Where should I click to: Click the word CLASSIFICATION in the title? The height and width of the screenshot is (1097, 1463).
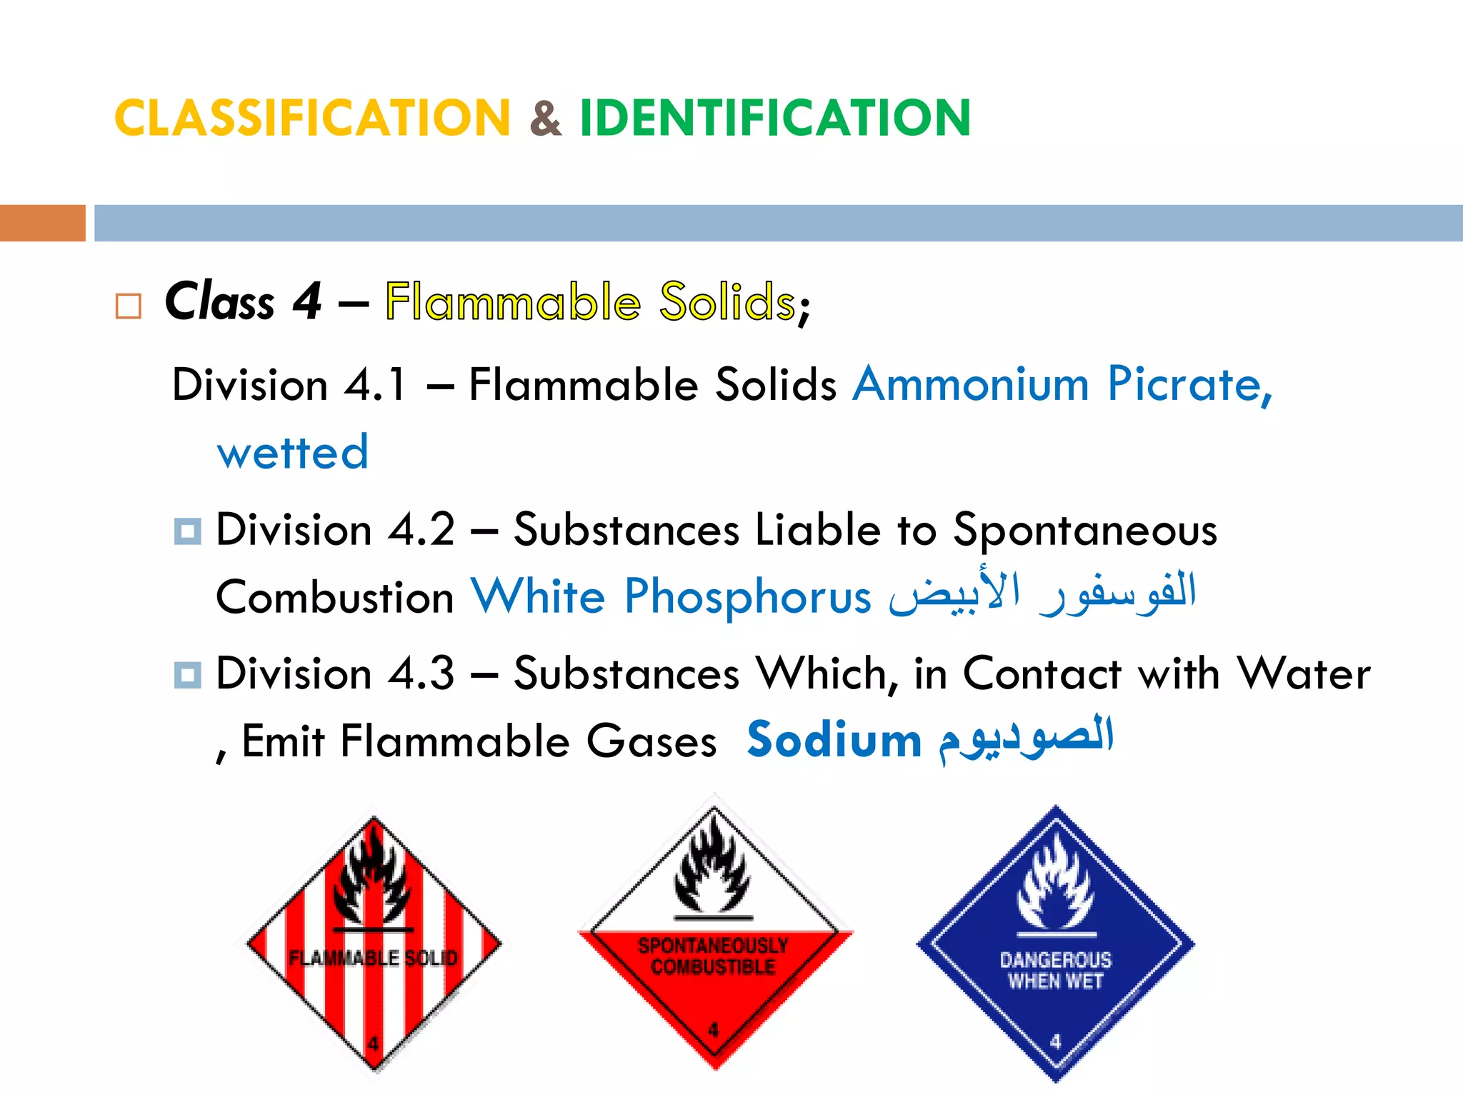(312, 118)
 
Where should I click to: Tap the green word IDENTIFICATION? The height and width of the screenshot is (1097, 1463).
(775, 118)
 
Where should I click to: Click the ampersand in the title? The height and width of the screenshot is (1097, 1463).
(546, 119)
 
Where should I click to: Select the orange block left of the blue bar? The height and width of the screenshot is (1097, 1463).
(42, 223)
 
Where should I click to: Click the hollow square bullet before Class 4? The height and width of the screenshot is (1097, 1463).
(129, 306)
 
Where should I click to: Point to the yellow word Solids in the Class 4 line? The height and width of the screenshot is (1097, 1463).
(727, 301)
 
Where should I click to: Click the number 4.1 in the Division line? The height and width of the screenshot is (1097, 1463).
(375, 384)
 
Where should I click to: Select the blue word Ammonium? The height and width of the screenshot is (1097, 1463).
(971, 384)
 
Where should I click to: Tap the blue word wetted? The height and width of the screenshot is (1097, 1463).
(293, 452)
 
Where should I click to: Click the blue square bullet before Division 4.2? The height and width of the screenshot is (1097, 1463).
(187, 531)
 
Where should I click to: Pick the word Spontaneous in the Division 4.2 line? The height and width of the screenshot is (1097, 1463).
(1085, 531)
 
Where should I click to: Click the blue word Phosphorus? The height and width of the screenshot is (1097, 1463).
(747, 596)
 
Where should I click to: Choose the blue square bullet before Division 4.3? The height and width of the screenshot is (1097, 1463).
(187, 675)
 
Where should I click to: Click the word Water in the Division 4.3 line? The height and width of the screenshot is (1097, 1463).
(1304, 674)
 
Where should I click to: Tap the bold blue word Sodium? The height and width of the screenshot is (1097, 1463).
(834, 740)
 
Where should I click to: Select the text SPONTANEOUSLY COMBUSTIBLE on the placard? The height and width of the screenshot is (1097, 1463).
(713, 956)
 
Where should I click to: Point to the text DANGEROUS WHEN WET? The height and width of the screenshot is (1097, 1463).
(1056, 971)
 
